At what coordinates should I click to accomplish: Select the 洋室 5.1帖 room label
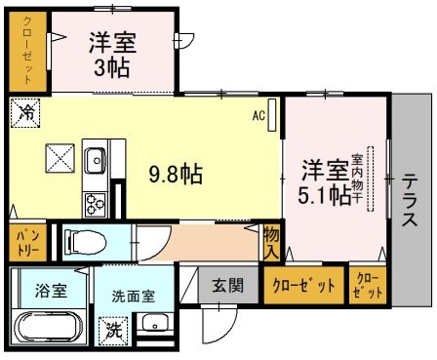(325, 180)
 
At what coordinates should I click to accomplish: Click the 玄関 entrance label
(230, 287)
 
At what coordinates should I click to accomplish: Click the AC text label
(259, 115)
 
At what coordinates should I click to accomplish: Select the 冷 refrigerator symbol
(23, 112)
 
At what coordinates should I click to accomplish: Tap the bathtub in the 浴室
(47, 328)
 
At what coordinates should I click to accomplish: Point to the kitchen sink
(98, 158)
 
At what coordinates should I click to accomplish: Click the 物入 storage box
(271, 243)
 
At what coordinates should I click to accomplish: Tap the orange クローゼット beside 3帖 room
(27, 51)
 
